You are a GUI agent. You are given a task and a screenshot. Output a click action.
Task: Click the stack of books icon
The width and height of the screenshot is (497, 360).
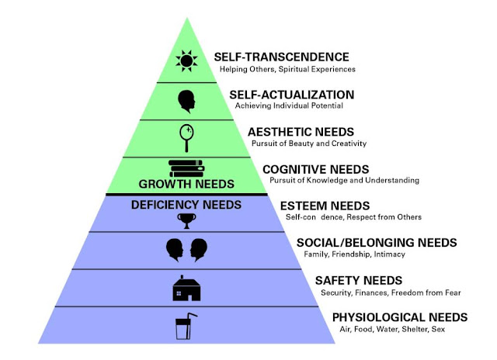[186, 168]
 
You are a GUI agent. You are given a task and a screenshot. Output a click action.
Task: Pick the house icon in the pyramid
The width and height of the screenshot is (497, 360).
[186, 289]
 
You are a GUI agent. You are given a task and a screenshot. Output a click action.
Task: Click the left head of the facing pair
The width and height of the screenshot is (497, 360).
[175, 250]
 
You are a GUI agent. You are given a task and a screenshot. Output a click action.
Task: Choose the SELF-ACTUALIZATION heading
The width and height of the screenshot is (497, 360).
[292, 95]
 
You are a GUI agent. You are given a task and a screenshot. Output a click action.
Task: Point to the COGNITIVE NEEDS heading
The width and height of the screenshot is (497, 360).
[315, 168]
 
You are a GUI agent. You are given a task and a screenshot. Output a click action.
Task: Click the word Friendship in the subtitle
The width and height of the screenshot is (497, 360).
[353, 254]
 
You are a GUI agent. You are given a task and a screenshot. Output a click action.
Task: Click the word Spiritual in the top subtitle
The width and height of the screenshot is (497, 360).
[299, 68]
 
